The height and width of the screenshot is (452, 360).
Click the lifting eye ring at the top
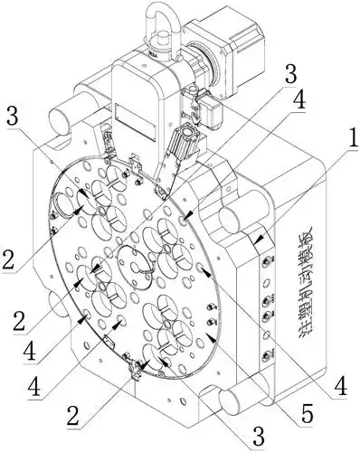point(162,24)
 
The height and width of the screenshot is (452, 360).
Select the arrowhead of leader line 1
point(258,240)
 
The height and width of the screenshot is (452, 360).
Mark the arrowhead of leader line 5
point(212,338)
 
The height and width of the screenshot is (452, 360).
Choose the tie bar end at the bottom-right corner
point(236,402)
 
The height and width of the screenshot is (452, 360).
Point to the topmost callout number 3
point(291,73)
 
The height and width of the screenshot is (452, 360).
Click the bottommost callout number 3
point(258,435)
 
